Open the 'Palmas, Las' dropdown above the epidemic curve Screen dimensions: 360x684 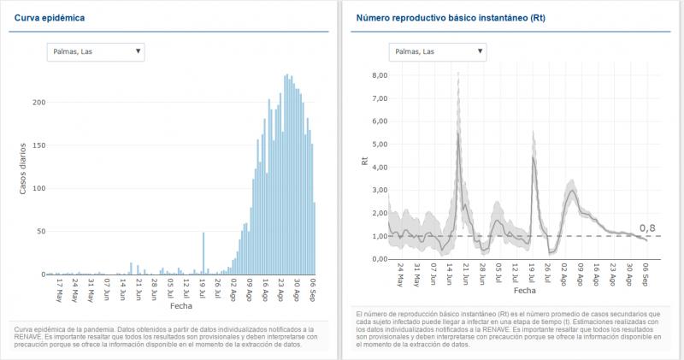(x=96, y=52)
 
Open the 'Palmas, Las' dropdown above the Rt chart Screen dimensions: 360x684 (x=437, y=52)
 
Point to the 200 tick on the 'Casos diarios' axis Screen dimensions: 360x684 (x=38, y=103)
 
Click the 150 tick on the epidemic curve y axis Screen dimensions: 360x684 (x=38, y=145)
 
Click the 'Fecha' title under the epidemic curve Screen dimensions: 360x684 (x=181, y=305)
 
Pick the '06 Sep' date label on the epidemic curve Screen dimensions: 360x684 (x=314, y=286)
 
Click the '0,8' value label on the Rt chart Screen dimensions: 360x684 (x=647, y=228)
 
